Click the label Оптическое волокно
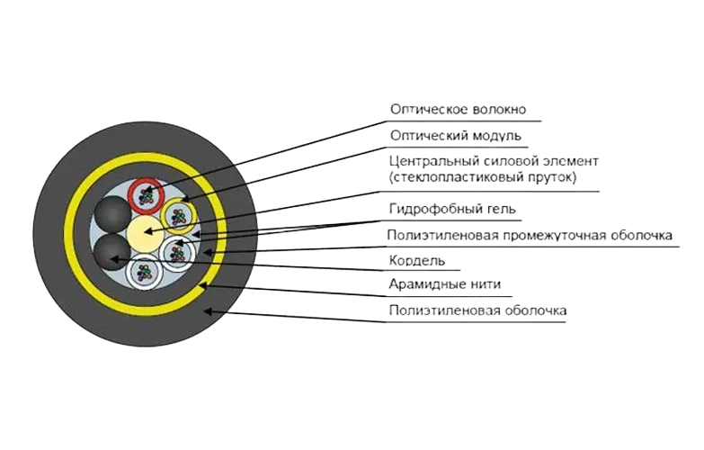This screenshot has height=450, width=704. (x=457, y=110)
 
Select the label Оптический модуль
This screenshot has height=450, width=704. (x=455, y=136)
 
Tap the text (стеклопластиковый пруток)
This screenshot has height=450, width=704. (x=482, y=178)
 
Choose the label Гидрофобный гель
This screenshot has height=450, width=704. (x=452, y=210)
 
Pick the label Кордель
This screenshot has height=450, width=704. (x=416, y=261)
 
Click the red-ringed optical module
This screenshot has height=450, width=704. (x=146, y=193)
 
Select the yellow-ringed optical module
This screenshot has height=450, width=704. (x=178, y=216)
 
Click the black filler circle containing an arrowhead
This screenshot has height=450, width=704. (x=111, y=252)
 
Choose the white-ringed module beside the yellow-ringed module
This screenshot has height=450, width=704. (x=177, y=253)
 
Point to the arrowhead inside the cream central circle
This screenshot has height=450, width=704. (x=145, y=232)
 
